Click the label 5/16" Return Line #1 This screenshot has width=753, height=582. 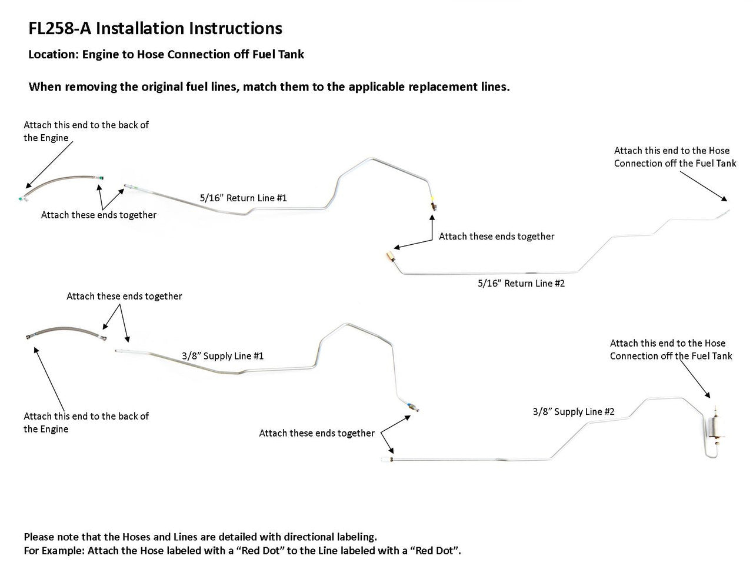coord(243,198)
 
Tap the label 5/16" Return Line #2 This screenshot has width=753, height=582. coord(521,283)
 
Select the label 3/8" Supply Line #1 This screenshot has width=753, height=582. coord(222,356)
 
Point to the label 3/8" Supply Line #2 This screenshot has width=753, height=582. coord(574,411)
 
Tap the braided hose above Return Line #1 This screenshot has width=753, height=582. coord(59,185)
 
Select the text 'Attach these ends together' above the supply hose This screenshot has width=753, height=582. coord(124,296)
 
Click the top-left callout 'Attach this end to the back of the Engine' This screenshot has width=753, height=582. coord(86,131)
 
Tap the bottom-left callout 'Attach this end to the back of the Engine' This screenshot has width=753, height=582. coord(86,423)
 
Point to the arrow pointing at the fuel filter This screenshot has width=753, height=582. coord(695,378)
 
